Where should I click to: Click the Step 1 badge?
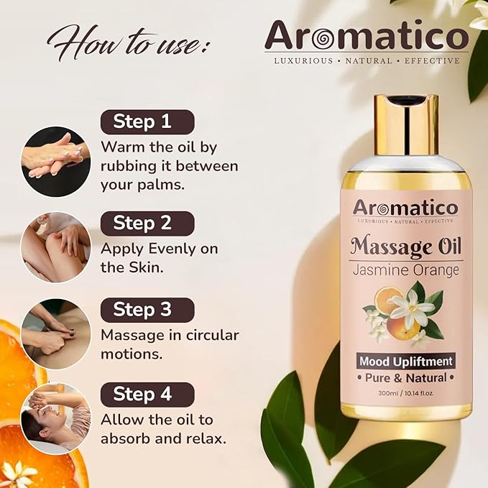(x=147, y=121)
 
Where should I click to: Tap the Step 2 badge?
(x=147, y=224)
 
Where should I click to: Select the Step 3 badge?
(x=147, y=310)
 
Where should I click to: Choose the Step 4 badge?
(x=147, y=395)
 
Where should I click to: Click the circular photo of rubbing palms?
(x=55, y=161)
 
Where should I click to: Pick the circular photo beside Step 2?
(x=55, y=247)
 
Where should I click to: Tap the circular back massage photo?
(x=55, y=333)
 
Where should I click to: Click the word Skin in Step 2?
(x=146, y=268)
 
